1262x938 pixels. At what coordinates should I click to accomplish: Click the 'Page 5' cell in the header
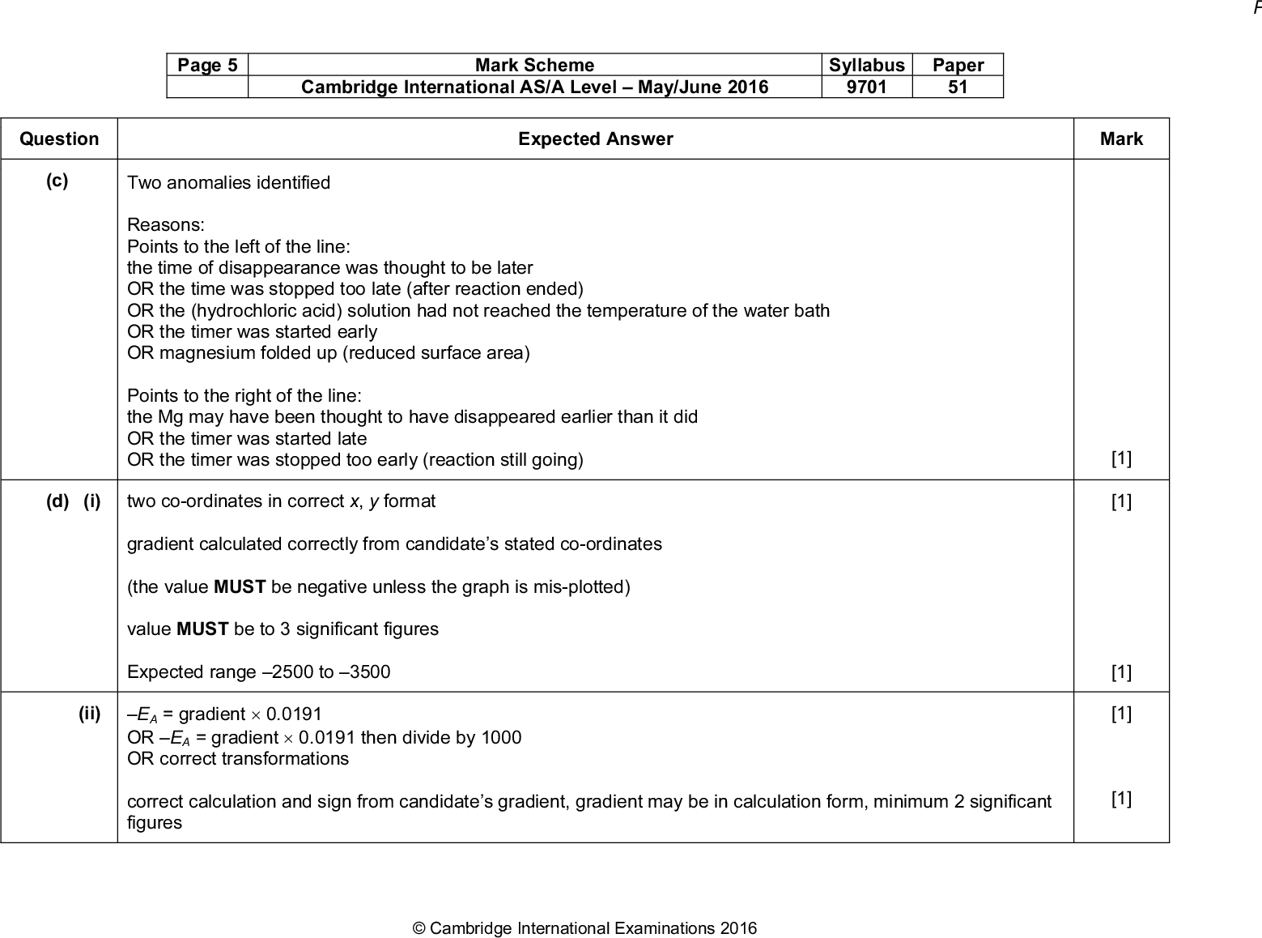(x=207, y=66)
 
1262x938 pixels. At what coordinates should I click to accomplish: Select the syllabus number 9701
(x=866, y=87)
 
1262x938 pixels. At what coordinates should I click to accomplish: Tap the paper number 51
(x=958, y=87)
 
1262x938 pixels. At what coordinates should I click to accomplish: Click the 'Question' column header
(x=59, y=139)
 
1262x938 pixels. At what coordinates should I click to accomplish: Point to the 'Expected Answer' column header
(x=595, y=139)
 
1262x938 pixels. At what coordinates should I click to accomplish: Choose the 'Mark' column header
(x=1121, y=139)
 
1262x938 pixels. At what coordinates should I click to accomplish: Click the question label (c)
(x=57, y=181)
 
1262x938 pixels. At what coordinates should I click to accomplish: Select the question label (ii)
(x=89, y=714)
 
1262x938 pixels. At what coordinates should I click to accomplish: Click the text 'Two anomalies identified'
(x=228, y=183)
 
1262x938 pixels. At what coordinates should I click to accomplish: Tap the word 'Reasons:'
(x=166, y=225)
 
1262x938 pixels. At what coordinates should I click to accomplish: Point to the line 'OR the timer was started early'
(x=252, y=332)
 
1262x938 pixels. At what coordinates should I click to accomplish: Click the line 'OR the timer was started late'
(x=247, y=439)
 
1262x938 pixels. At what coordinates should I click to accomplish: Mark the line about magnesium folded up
(x=328, y=353)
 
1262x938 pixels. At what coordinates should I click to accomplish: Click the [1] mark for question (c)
(x=1121, y=458)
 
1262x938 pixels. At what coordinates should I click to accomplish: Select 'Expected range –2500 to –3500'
(x=258, y=672)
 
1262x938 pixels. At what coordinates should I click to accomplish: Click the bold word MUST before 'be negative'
(x=240, y=587)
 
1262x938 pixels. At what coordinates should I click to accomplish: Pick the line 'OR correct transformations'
(x=238, y=759)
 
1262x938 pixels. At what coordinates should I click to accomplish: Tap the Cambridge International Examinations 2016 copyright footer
(x=584, y=928)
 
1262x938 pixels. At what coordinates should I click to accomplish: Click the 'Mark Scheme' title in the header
(x=534, y=66)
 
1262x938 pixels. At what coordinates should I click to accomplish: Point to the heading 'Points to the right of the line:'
(x=244, y=396)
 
